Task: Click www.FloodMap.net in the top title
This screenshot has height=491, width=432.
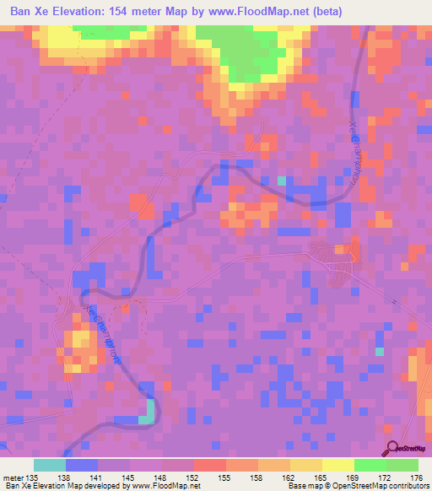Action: [283, 10]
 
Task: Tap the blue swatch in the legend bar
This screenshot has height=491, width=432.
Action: [81, 465]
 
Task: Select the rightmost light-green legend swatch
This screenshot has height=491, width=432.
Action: [402, 465]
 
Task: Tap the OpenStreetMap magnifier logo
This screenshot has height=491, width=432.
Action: [393, 449]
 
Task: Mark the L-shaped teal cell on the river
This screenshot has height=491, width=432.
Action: [147, 412]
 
